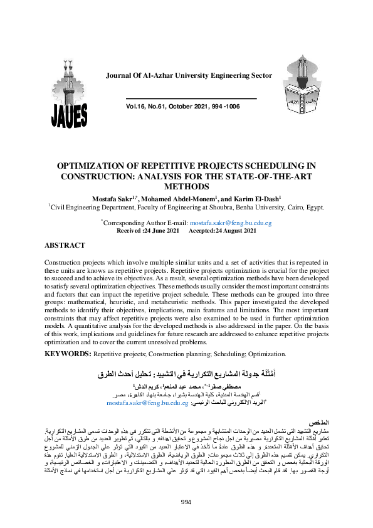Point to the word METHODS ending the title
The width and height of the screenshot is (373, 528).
click(x=187, y=186)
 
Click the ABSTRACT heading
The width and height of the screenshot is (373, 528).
click(x=65, y=246)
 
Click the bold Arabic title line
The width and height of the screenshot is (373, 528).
click(x=186, y=374)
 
